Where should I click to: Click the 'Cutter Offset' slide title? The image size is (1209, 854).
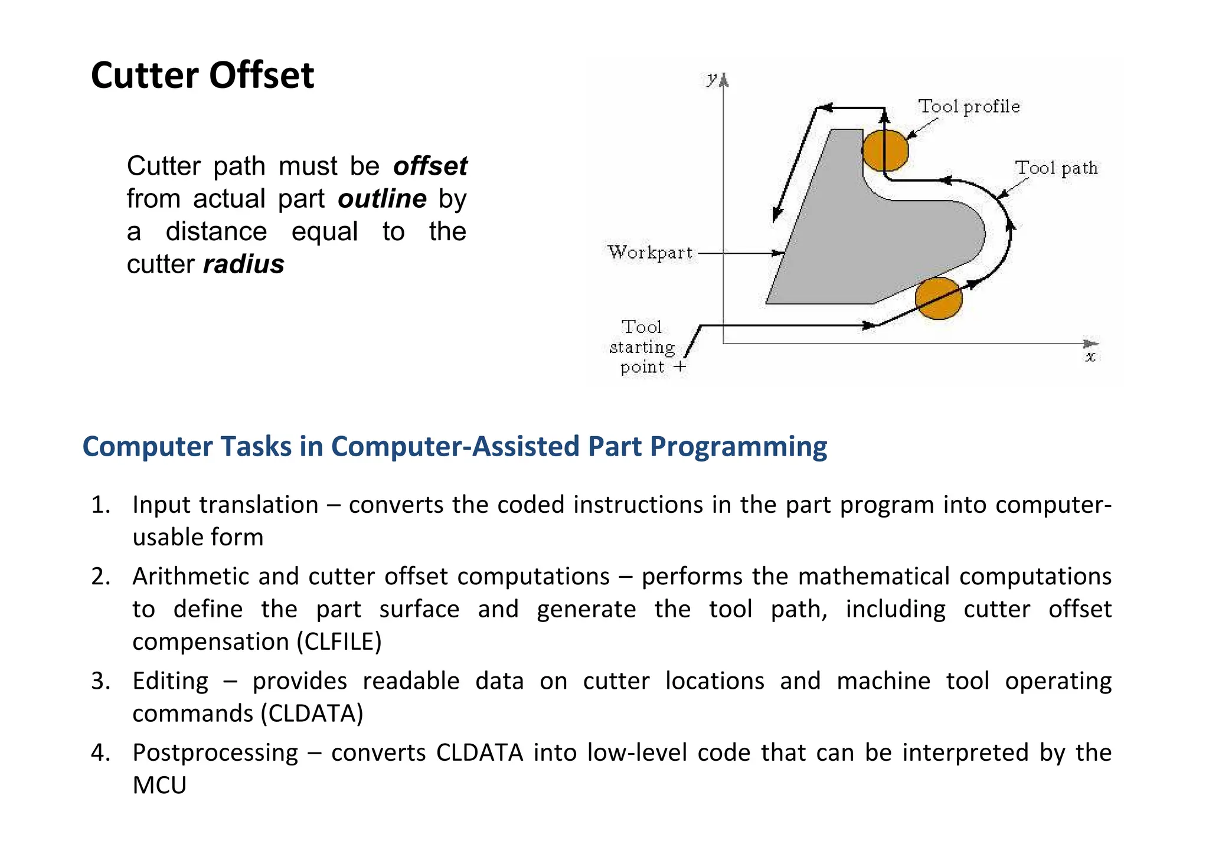202,76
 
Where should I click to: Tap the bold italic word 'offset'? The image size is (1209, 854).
430,166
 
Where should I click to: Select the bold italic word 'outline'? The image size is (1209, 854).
382,199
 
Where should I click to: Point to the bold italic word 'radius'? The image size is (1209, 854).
244,264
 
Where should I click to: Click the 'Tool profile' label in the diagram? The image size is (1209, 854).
969,107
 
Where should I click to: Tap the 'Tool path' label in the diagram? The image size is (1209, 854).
1056,168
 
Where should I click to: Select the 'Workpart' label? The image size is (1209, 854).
650,253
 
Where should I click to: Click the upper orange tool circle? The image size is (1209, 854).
885,150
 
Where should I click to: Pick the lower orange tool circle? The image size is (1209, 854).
939,299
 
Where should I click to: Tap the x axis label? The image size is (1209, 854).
1090,357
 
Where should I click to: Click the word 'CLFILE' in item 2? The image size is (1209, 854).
339,642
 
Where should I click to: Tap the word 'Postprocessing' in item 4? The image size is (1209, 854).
215,753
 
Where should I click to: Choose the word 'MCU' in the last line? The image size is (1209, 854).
159,786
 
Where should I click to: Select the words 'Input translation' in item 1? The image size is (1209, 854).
225,505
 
